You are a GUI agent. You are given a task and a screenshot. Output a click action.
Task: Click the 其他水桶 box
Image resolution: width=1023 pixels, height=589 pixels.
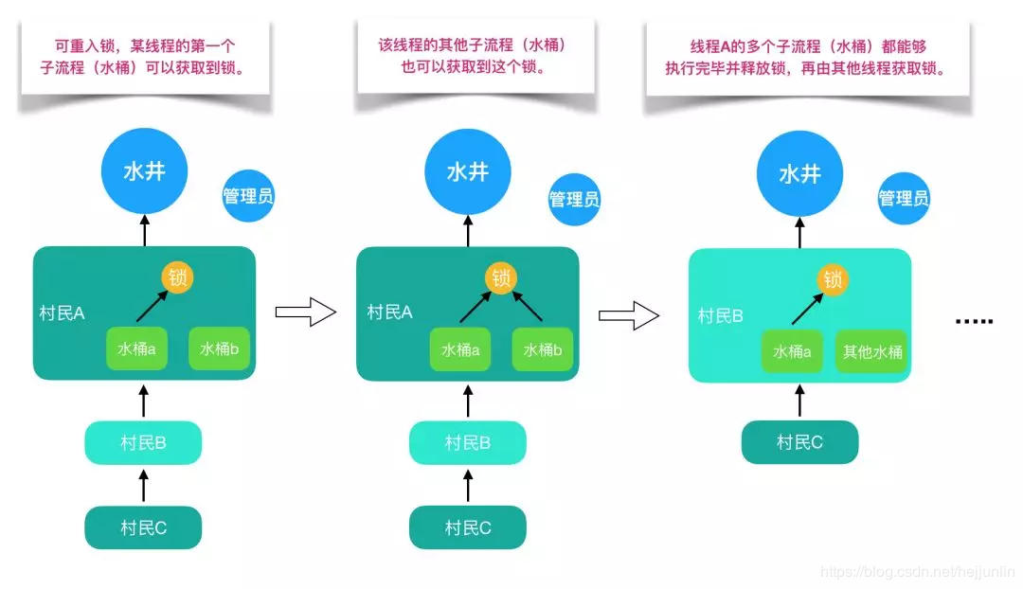point(872,352)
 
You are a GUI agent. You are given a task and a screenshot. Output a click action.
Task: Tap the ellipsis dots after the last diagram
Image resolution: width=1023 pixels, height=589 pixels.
point(974,321)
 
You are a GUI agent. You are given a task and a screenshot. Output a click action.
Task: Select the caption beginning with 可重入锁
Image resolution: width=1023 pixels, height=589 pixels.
point(144,57)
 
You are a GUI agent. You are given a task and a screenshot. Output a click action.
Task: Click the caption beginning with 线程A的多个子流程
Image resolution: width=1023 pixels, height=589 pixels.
point(807,57)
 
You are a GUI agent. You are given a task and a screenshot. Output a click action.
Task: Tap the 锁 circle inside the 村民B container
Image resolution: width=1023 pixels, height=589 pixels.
point(833,279)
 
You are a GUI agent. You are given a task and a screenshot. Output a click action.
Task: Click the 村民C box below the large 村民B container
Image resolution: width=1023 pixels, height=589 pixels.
point(799,442)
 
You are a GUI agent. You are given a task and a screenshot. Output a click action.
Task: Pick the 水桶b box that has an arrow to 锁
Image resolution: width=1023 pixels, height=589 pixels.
point(543,349)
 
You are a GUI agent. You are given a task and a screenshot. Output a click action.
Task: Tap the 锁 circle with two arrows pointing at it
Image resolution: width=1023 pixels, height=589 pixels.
point(501,277)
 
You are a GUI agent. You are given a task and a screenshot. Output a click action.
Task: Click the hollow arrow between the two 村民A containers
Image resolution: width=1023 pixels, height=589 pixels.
point(305,312)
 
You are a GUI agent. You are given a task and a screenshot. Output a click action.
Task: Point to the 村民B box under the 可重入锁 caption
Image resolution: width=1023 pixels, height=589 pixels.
point(143,443)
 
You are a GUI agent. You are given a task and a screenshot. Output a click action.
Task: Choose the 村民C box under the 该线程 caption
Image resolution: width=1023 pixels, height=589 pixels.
point(467,527)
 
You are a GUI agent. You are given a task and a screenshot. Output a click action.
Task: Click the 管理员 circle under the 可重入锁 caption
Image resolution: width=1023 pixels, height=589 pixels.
point(248,197)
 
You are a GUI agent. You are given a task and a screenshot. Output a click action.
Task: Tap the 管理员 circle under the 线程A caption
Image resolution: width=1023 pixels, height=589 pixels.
point(903,198)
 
